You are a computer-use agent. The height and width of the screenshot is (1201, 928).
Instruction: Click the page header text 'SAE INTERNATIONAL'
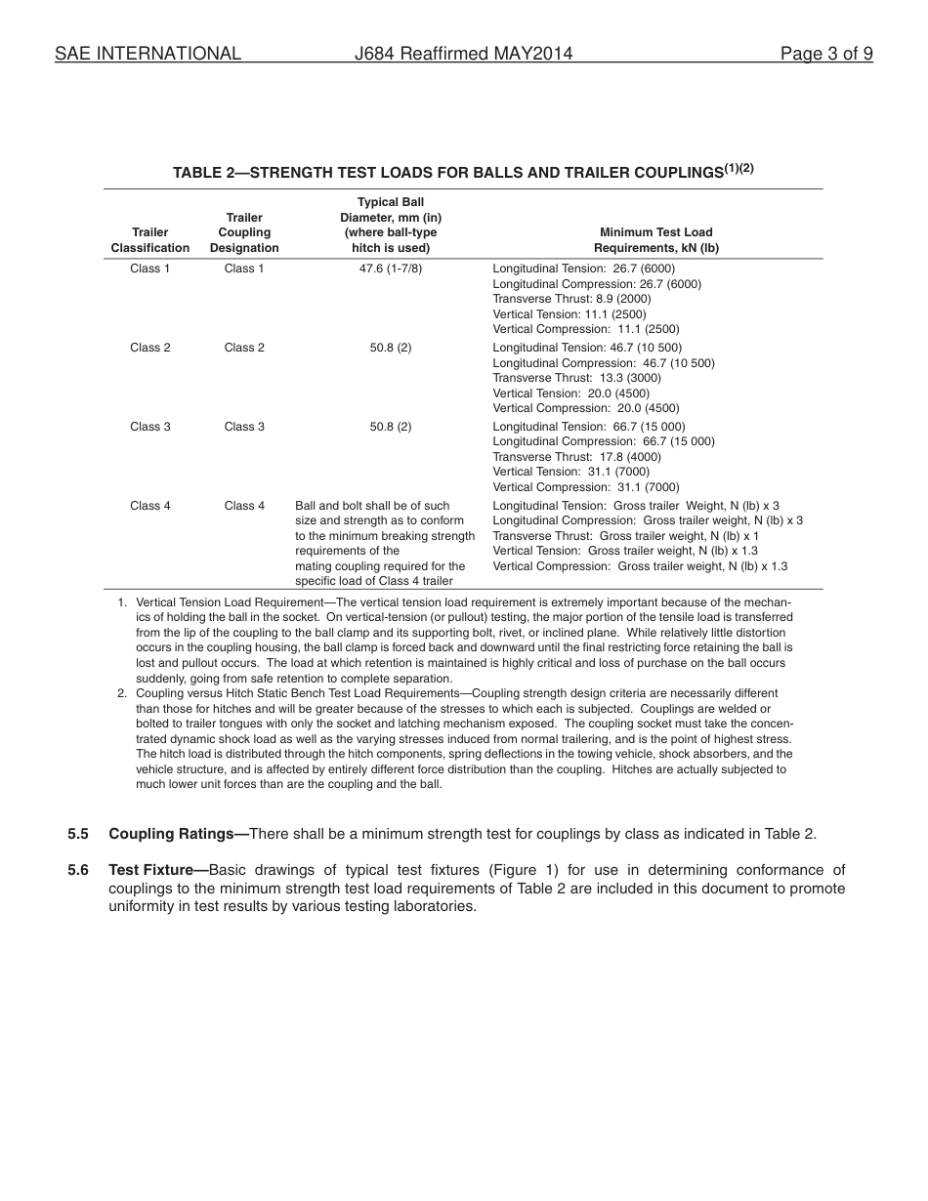tap(148, 54)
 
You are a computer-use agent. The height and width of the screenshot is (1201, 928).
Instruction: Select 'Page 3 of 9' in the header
tap(826, 54)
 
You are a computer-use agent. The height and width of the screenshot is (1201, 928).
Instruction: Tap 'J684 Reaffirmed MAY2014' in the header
tap(463, 54)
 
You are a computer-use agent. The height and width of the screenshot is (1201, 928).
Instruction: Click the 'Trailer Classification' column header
tap(150, 240)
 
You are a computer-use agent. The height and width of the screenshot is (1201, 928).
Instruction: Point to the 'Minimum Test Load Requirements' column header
tap(655, 240)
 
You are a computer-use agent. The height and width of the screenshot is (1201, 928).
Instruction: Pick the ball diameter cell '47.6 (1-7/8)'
tap(391, 269)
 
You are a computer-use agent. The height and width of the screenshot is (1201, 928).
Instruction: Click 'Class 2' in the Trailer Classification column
tap(150, 348)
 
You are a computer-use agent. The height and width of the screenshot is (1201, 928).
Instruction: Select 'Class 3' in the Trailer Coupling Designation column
tap(244, 427)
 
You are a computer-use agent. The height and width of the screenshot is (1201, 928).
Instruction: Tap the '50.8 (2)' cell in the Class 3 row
tap(391, 427)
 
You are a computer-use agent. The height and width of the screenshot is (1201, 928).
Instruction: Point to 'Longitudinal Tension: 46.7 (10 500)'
tap(587, 348)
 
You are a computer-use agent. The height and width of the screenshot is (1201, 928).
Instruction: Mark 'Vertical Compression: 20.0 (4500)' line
tap(585, 408)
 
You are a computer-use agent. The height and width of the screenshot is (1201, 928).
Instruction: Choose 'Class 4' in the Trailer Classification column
tap(150, 506)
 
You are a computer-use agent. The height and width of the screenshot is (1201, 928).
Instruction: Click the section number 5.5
tap(78, 834)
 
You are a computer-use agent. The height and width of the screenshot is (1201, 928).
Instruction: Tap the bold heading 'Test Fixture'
tap(151, 870)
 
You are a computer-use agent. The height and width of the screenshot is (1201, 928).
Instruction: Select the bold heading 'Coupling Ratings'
tap(172, 834)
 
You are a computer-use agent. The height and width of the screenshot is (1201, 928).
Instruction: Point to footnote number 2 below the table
tap(123, 693)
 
